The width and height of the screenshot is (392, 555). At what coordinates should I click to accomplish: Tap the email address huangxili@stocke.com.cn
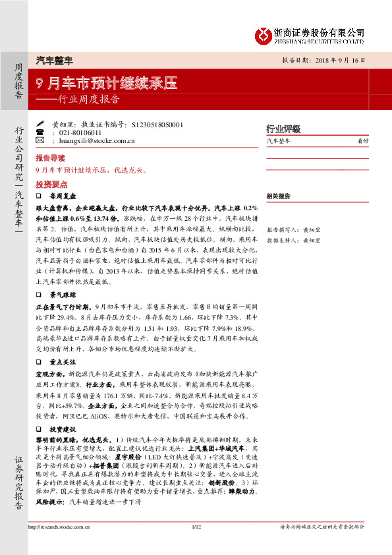tap(97, 141)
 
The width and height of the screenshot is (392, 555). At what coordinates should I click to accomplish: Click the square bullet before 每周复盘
tap(39, 196)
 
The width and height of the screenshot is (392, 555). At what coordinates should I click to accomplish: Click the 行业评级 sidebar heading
tap(283, 128)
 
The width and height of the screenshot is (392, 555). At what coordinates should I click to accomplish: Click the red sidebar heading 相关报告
tap(278, 196)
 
